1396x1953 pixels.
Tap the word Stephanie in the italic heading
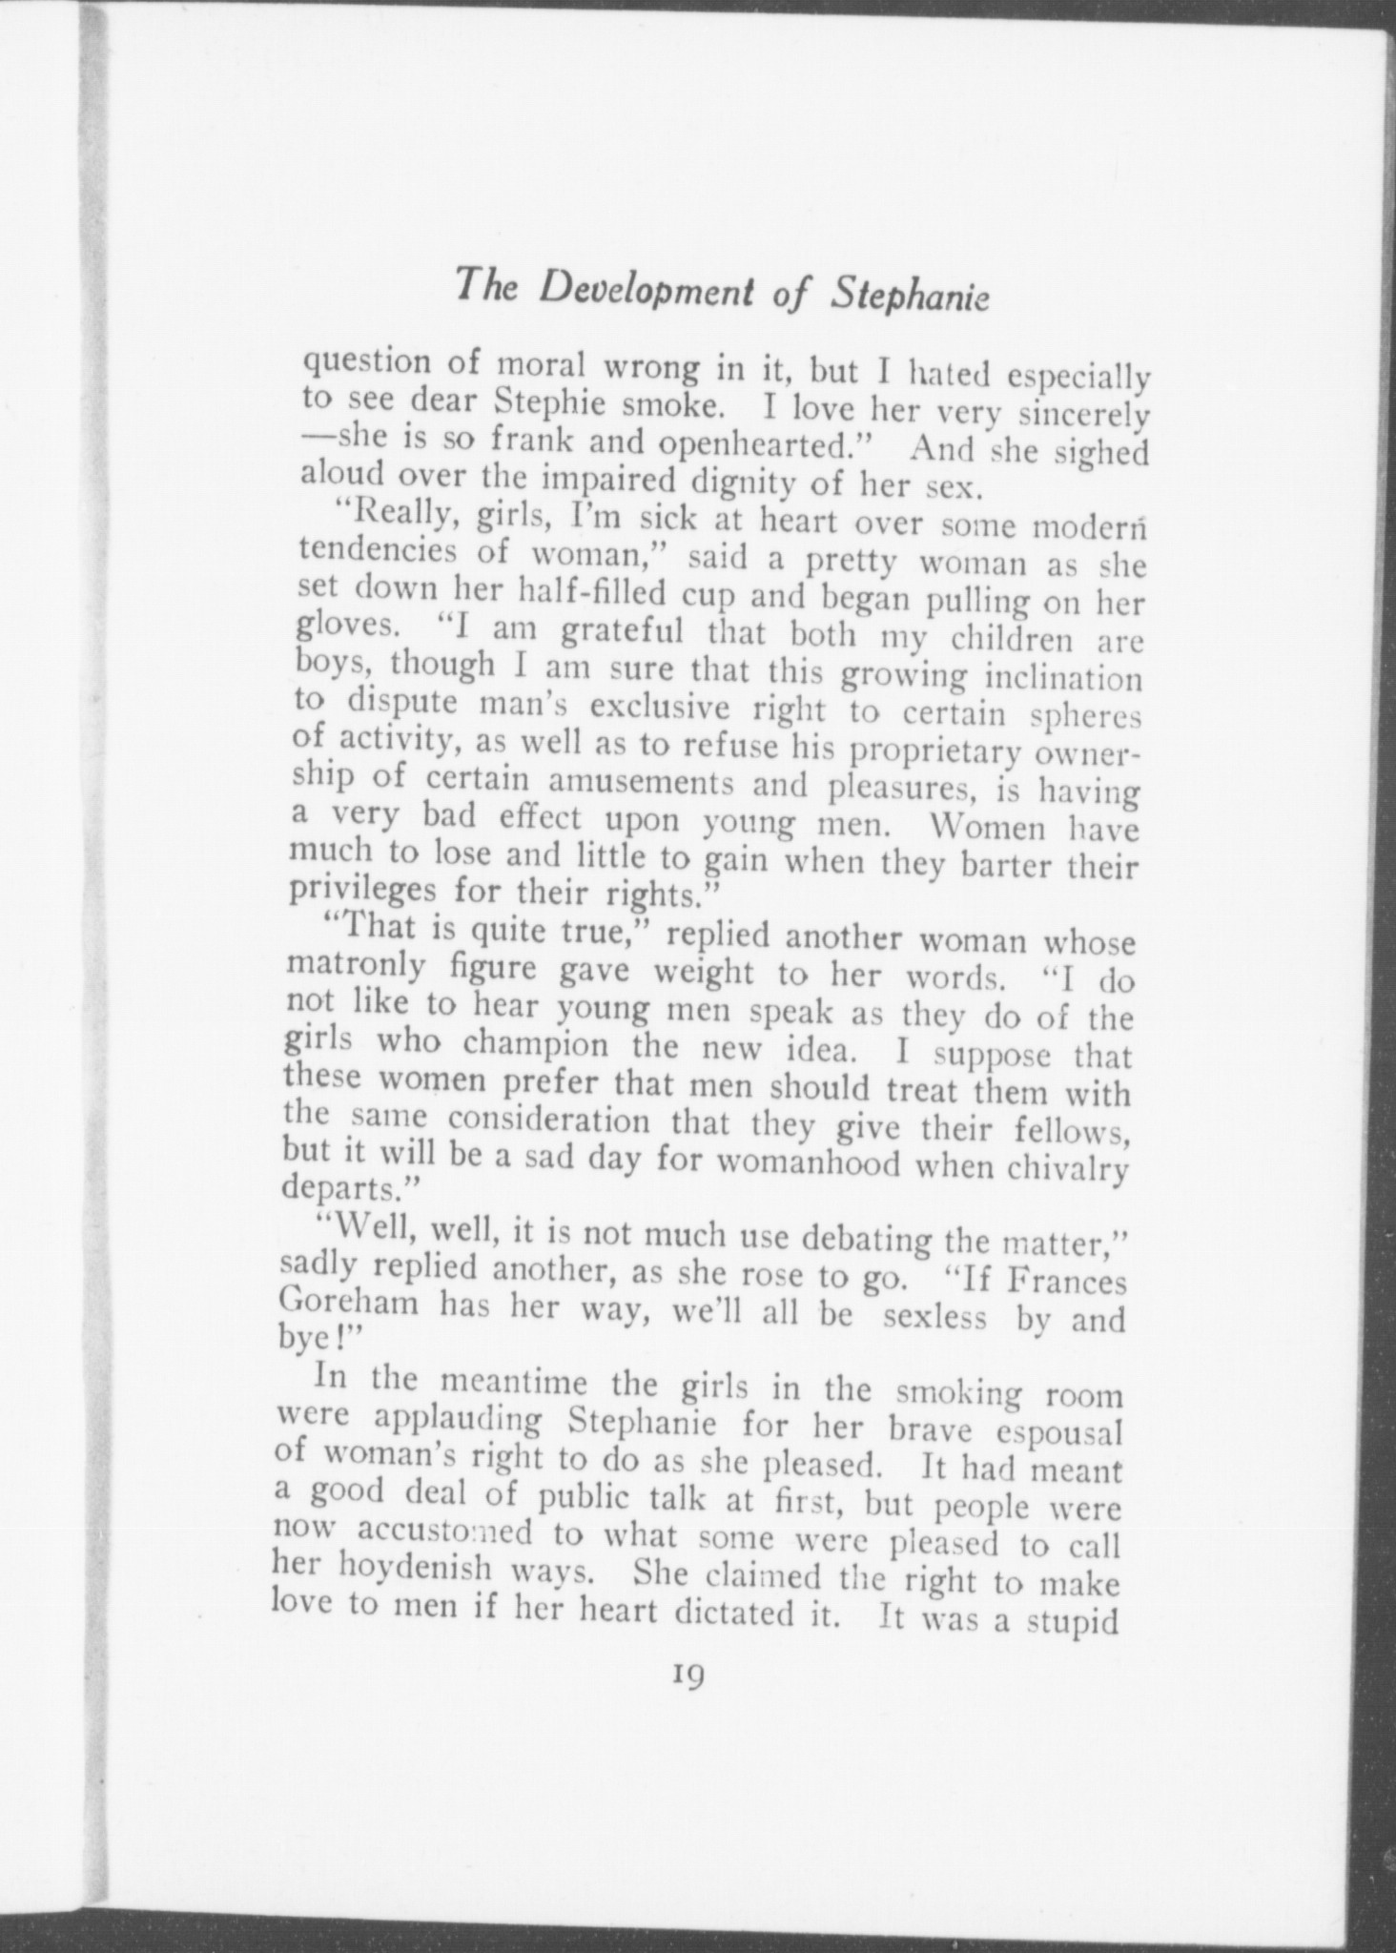pyautogui.click(x=911, y=296)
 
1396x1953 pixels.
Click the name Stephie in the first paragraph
pyautogui.click(x=550, y=404)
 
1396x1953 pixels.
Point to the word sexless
pyautogui.click(x=935, y=1320)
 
